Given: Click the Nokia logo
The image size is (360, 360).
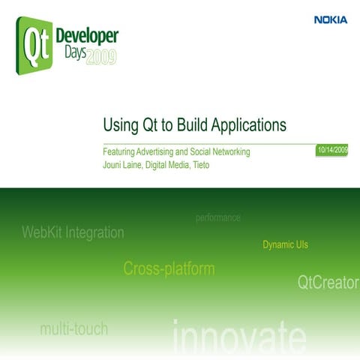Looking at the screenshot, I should click(x=331, y=20).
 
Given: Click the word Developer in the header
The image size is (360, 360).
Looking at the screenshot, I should click(x=87, y=37).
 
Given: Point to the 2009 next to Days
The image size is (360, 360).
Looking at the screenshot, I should click(x=101, y=58).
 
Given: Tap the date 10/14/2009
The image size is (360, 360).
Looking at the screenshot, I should click(x=332, y=151).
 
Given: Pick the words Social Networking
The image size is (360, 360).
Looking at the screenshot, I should click(x=222, y=152).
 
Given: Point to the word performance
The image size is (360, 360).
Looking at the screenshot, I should click(x=217, y=217).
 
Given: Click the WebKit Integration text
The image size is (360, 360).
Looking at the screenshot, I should click(x=73, y=232).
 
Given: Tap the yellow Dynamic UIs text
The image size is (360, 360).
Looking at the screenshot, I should click(x=285, y=245).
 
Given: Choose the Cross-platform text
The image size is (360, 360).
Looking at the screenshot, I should click(x=169, y=268).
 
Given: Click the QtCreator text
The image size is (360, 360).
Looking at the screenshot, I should click(x=328, y=283).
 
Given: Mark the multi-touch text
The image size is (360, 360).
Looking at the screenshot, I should click(x=73, y=328).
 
